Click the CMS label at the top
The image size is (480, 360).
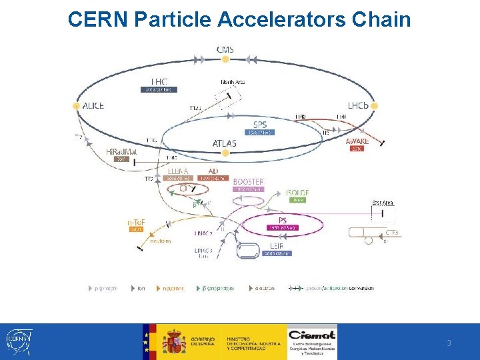(225, 49)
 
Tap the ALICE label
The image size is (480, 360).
(93, 105)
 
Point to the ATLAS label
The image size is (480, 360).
(224, 143)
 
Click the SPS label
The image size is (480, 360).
(261, 125)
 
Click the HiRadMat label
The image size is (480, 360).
(121, 152)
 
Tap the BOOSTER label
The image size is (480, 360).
(248, 181)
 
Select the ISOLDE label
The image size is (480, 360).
(298, 193)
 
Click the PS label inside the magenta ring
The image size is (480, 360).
(283, 219)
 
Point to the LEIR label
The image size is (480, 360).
(276, 246)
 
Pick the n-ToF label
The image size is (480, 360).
(137, 221)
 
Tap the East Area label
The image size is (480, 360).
(382, 203)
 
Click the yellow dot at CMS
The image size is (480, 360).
(225, 59)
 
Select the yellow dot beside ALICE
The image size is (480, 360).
(76, 105)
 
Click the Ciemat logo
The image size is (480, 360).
(312, 341)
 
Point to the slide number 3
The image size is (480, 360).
(449, 343)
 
